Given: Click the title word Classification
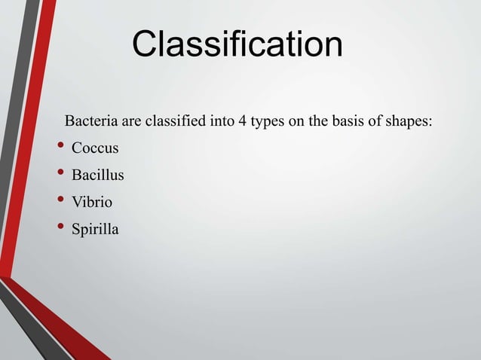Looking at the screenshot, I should point(237,45).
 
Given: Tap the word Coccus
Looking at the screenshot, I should point(95,148).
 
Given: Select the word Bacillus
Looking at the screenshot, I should point(98,175).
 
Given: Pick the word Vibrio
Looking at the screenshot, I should point(93,202).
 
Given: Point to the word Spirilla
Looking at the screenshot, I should point(95,229).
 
